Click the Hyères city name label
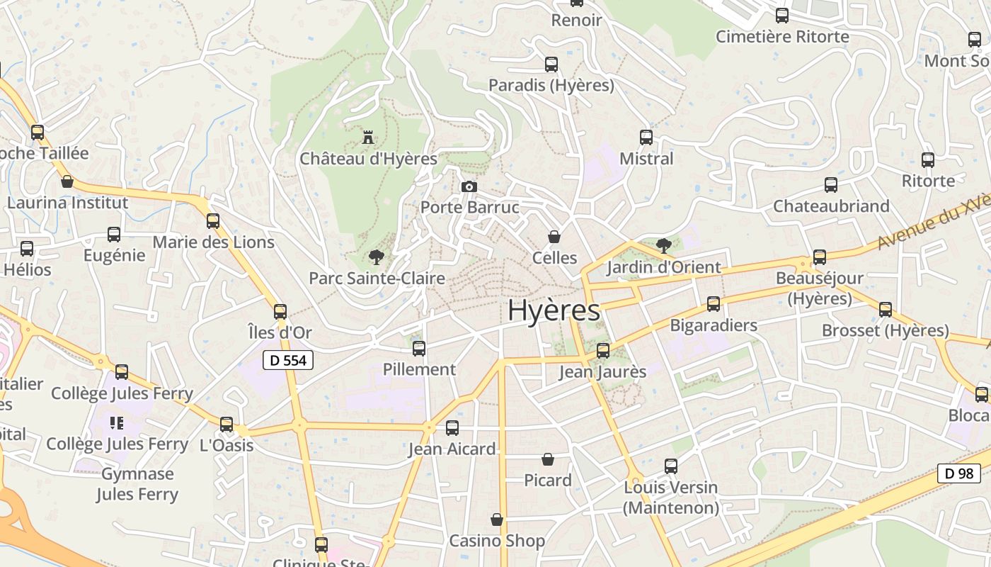point(554,310)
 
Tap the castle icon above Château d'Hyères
point(368,137)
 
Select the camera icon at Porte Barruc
point(469,187)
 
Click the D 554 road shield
point(288,360)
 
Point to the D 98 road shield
point(959,473)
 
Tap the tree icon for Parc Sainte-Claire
point(376,257)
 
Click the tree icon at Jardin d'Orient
point(663,246)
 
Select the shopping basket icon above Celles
point(554,237)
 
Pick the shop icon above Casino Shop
point(497,520)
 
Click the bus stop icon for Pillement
point(419,348)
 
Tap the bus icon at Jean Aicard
point(452,428)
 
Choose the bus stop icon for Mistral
point(646,137)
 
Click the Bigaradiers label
point(714,325)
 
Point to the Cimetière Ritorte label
point(782,36)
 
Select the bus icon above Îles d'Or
point(280,311)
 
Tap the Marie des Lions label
point(213,242)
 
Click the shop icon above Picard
point(547,459)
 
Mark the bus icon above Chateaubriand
point(831,185)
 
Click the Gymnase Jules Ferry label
point(137,484)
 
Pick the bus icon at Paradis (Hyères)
point(551,64)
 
